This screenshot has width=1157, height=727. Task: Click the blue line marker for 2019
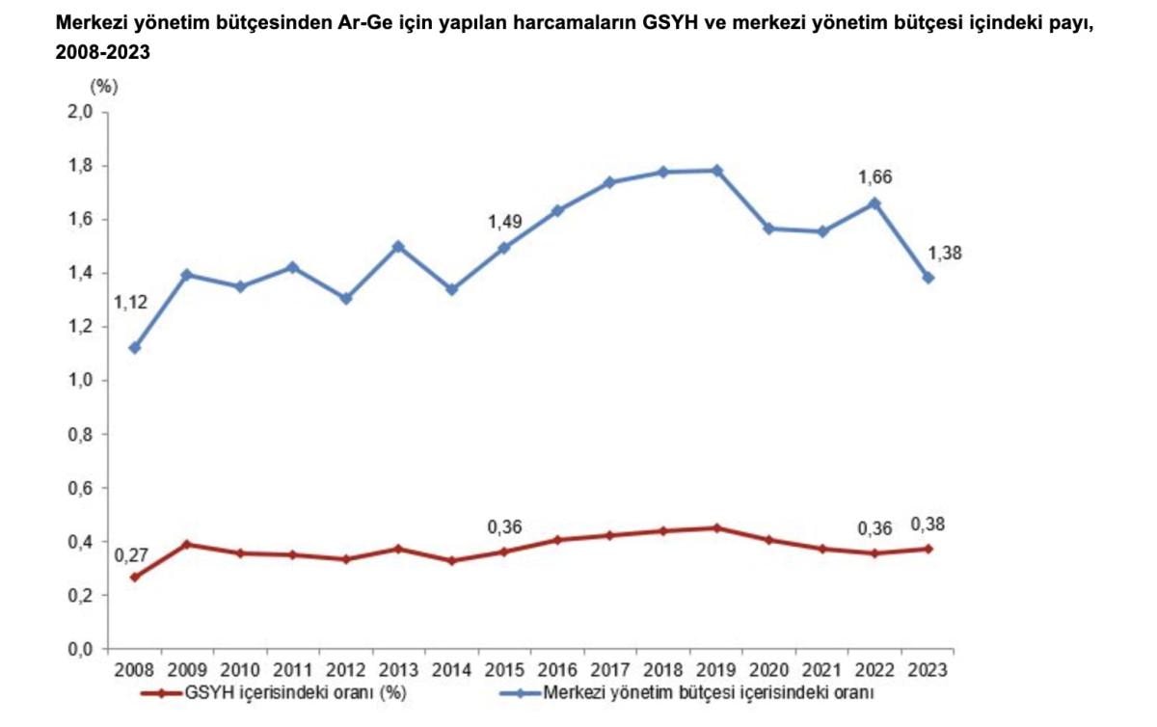[716, 171]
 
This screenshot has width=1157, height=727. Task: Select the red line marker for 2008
[135, 577]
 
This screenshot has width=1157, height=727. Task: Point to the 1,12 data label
[130, 303]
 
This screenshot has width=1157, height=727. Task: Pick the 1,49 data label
[504, 223]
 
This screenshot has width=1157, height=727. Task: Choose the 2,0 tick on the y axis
[80, 112]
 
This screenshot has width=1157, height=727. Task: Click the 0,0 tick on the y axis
[80, 650]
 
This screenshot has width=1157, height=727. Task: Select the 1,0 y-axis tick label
[80, 381]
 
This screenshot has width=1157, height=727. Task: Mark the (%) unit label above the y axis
[103, 85]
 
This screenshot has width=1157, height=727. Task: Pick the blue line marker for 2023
[928, 278]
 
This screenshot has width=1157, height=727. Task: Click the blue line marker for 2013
[399, 246]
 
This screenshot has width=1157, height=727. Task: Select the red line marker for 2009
[188, 545]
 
